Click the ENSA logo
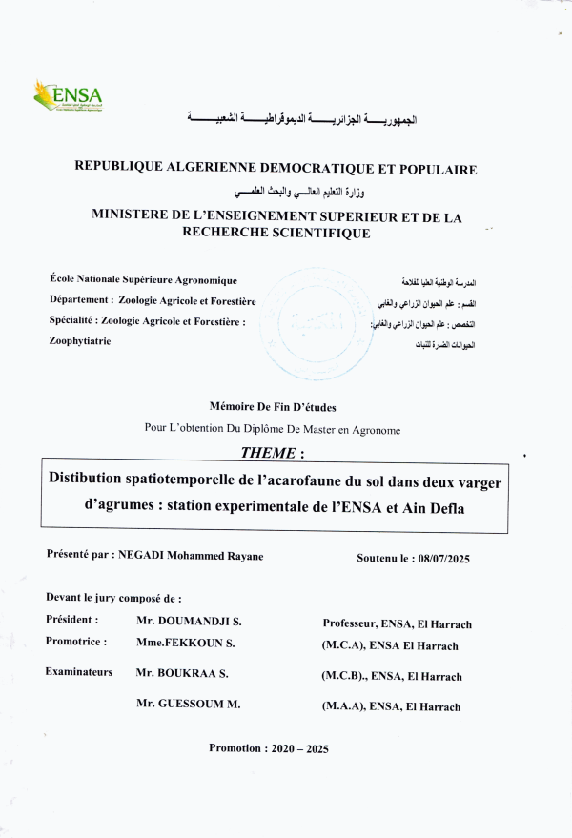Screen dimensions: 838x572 pyautogui.click(x=68, y=95)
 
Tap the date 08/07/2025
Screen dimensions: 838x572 pyautogui.click(x=444, y=559)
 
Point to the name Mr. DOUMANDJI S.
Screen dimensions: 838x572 pyautogui.click(x=188, y=621)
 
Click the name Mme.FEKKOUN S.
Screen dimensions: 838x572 pyautogui.click(x=186, y=643)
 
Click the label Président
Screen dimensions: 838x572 pyautogui.click(x=71, y=620)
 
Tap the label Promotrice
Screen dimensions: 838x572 pyautogui.click(x=75, y=642)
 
